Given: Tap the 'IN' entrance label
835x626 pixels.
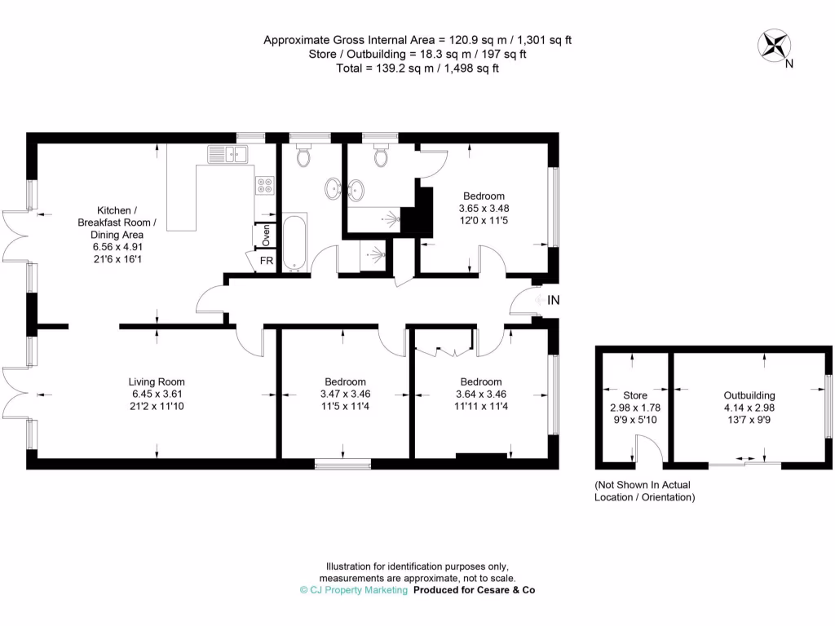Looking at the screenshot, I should click(x=554, y=300).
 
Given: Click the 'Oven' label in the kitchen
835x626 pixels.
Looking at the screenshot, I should click(x=267, y=236).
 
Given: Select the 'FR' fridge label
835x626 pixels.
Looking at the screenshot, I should click(x=267, y=262).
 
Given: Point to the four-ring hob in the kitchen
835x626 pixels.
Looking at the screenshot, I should click(x=265, y=185).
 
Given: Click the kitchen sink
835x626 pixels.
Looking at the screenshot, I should click(x=228, y=152).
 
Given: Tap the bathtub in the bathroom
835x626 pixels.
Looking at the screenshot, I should click(x=294, y=242).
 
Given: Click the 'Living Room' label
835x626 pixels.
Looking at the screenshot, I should click(x=157, y=381).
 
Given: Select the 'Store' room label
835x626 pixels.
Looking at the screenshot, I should click(x=635, y=395).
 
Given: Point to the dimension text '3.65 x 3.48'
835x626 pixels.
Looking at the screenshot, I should click(x=484, y=208).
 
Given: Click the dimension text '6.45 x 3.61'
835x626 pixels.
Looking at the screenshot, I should click(x=157, y=394).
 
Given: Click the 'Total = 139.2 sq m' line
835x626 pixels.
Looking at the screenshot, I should click(x=417, y=68).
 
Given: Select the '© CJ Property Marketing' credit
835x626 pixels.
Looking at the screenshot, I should click(x=354, y=590).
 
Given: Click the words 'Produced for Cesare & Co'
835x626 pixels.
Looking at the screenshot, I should click(x=475, y=590).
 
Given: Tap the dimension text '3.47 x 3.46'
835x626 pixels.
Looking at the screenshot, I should click(x=345, y=394).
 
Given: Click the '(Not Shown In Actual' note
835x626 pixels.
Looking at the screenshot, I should click(x=643, y=485).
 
